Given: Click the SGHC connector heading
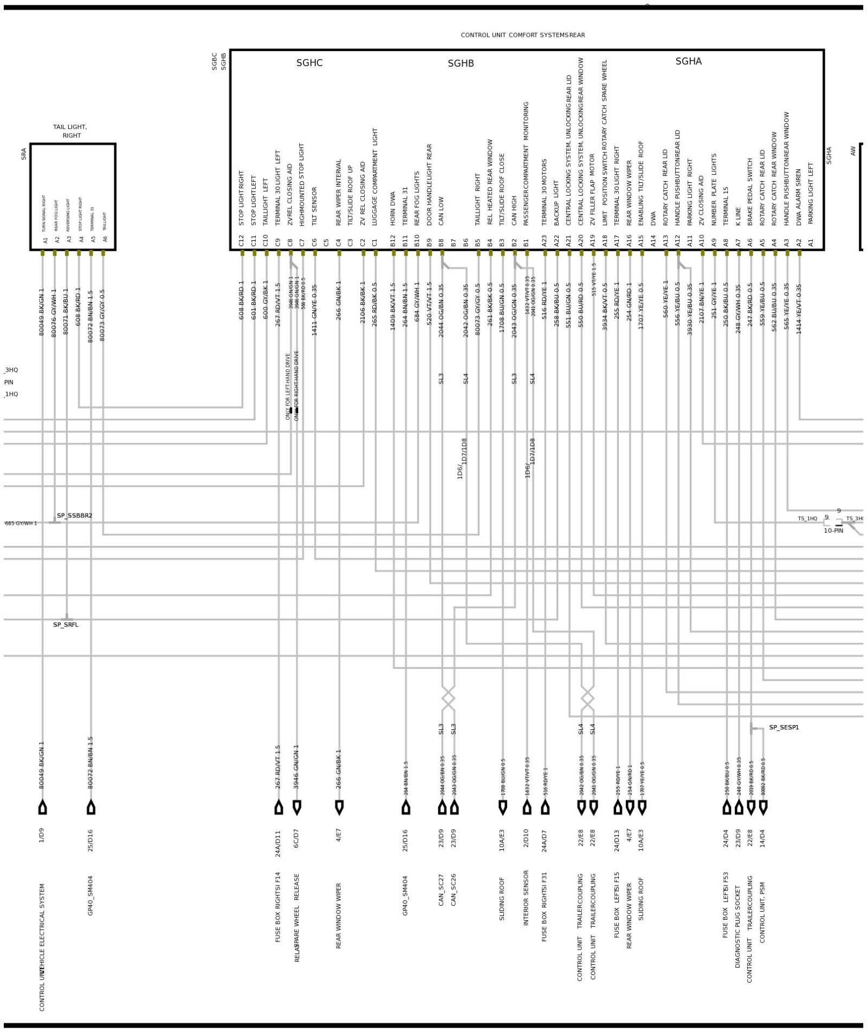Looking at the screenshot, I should (x=309, y=63).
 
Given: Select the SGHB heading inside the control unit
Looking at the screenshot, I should (x=461, y=63).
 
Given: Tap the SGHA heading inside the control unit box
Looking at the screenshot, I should (x=688, y=61).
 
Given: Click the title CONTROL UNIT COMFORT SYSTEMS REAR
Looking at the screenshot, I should (x=522, y=35).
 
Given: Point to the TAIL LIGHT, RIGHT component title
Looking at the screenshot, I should (x=70, y=131).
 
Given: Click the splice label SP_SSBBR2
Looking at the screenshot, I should (x=75, y=515).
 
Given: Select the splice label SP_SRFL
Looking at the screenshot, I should (x=66, y=624).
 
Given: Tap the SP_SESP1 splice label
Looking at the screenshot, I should (x=784, y=727).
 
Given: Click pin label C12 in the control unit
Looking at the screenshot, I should (x=242, y=240).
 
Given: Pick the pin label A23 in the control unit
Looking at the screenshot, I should (x=545, y=240).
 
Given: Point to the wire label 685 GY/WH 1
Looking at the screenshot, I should (x=21, y=523).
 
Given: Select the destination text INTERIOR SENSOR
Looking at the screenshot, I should (x=526, y=898).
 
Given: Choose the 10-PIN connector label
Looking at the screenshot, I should (x=833, y=530).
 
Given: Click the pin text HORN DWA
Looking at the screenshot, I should (x=393, y=208).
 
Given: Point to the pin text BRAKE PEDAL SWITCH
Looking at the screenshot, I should (x=750, y=192).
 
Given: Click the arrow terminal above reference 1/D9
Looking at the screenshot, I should (x=43, y=807).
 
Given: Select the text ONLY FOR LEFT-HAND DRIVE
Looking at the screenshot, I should (x=288, y=386).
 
